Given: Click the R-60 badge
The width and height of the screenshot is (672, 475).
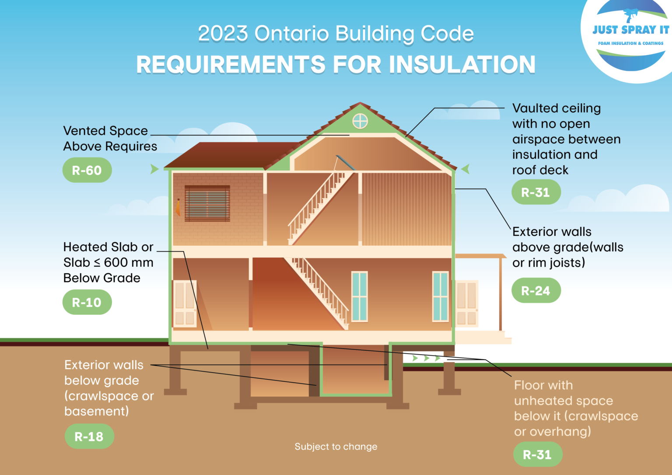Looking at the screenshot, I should [87, 170].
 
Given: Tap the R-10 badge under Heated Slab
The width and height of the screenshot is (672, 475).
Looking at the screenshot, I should [87, 302].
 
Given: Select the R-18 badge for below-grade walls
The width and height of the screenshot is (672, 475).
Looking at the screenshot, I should [89, 437].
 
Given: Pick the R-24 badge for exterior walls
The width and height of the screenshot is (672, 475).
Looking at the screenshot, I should [536, 291].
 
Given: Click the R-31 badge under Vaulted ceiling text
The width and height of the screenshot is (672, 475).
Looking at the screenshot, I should [536, 192].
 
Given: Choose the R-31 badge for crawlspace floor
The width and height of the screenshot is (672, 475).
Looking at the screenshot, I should [537, 455].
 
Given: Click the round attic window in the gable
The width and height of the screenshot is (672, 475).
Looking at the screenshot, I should [360, 121].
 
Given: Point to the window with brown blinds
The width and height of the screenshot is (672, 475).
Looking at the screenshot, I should [207, 203].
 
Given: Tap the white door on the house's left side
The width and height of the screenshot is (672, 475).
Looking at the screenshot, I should [185, 304].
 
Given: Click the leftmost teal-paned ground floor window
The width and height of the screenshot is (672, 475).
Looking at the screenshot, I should [360, 297].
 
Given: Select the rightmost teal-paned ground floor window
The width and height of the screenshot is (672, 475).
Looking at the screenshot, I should [440, 297].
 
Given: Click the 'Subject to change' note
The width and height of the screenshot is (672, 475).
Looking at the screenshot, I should [336, 447].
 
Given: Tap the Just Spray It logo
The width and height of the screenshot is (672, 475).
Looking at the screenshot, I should [630, 35].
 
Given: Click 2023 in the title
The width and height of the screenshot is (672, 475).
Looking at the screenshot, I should [223, 34].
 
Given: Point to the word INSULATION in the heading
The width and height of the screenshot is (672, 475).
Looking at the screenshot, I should [462, 65].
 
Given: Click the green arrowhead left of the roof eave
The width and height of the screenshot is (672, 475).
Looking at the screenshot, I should [154, 169].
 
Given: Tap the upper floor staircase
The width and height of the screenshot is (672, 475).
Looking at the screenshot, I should [319, 208].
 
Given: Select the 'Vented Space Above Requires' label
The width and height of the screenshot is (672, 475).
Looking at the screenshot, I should [109, 138].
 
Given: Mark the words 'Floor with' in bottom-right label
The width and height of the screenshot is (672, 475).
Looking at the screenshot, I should [543, 385].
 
